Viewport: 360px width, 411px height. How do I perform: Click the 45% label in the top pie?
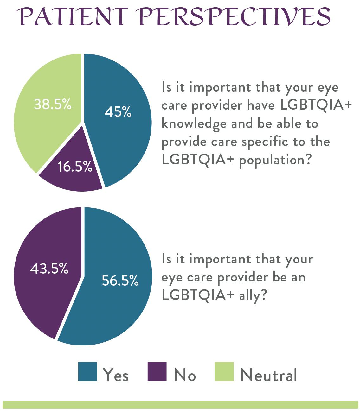(118, 112)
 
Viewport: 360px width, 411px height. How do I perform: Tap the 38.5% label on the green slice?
(53, 104)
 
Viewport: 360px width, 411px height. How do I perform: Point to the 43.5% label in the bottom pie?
(49, 269)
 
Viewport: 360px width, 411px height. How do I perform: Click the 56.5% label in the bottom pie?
(120, 281)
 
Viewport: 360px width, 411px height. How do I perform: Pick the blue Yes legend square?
(87, 371)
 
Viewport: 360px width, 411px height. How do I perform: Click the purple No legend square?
(157, 371)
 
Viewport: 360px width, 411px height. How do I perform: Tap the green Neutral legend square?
(224, 371)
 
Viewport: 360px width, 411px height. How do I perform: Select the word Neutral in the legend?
(269, 375)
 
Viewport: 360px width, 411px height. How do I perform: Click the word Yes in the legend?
(116, 375)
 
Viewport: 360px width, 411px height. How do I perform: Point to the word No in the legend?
(185, 375)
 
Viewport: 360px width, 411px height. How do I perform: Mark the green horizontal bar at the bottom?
(180, 405)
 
